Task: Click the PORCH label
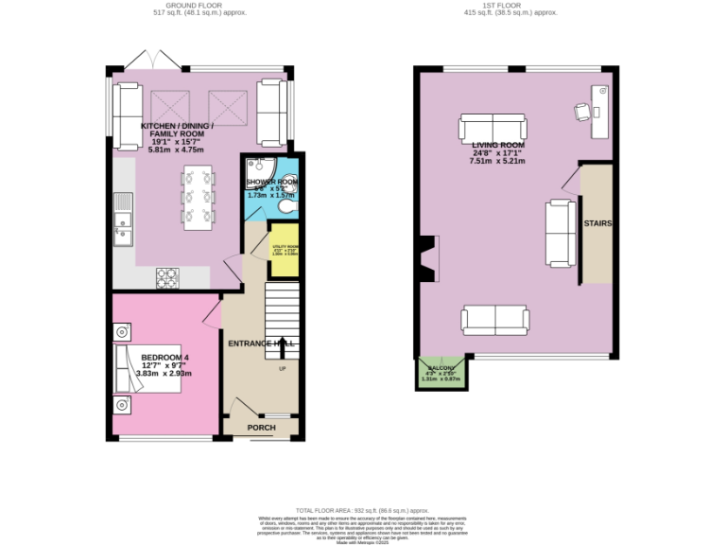261,428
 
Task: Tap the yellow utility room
284,250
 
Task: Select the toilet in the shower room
288,207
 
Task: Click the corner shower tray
256,168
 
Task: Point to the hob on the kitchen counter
167,277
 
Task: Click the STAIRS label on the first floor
596,224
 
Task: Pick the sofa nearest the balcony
494,320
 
